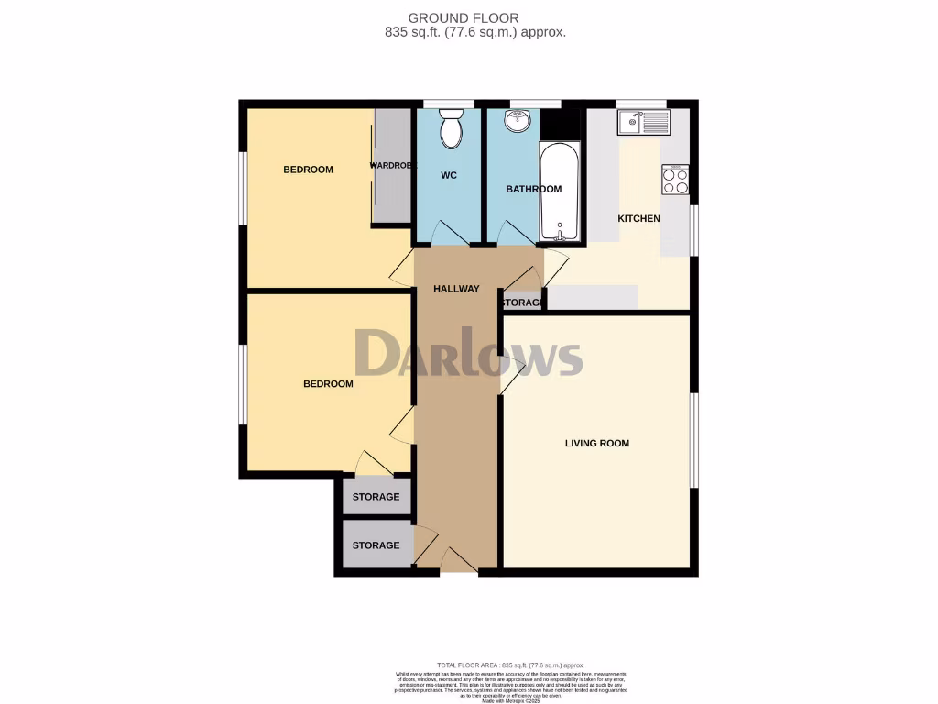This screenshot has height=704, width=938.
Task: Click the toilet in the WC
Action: (x=450, y=130)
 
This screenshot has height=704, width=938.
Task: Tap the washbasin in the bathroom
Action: (x=518, y=120)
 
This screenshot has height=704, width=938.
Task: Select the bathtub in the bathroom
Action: (x=559, y=192)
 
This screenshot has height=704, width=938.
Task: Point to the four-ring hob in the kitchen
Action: (x=675, y=181)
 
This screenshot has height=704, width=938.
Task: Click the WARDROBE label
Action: (x=393, y=166)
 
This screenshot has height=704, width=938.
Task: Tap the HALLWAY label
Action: (x=456, y=289)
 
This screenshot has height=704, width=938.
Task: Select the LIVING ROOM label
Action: (x=596, y=444)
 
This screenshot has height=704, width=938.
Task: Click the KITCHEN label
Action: (x=638, y=219)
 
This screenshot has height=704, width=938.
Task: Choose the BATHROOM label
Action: (x=534, y=190)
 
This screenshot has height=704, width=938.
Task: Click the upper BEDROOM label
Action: (x=308, y=170)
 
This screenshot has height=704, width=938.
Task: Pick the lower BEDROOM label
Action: (x=328, y=384)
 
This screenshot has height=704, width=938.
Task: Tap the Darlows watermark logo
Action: (x=468, y=354)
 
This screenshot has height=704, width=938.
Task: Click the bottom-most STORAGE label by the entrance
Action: (x=376, y=545)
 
